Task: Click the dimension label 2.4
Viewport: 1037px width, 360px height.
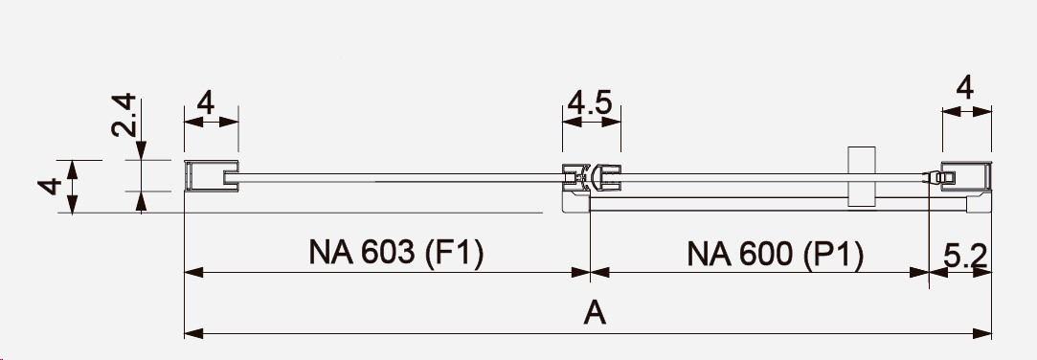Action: pos(124,115)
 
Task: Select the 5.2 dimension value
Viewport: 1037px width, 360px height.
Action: pos(965,256)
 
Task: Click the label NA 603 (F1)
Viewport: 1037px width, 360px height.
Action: pos(396,252)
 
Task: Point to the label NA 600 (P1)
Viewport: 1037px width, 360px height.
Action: pos(775,254)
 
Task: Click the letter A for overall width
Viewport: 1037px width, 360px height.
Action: pos(595,312)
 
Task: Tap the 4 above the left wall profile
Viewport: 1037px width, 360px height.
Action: pos(206,102)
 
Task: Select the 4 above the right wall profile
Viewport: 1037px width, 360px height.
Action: pos(965,87)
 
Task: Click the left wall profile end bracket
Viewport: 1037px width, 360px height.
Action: pos(211,177)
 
